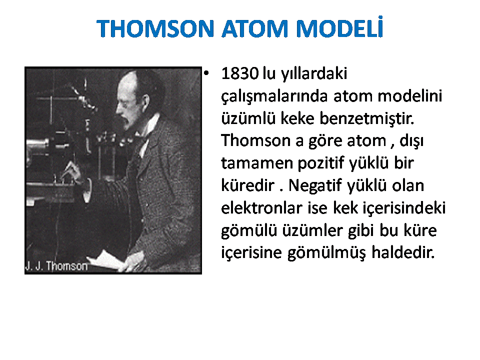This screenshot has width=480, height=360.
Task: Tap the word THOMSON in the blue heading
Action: [155, 29]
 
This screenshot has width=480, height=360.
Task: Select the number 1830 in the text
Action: [239, 73]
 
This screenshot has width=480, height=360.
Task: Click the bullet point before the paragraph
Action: [206, 73]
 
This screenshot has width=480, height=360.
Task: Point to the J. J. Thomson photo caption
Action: [56, 266]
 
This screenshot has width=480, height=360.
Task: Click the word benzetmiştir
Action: [366, 118]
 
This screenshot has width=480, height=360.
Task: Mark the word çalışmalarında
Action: [274, 96]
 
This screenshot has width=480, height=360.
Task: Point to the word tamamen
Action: [257, 163]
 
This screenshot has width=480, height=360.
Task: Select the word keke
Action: [297, 118]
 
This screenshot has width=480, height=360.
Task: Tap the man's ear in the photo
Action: [145, 101]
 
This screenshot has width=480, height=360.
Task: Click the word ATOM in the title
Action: [255, 29]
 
